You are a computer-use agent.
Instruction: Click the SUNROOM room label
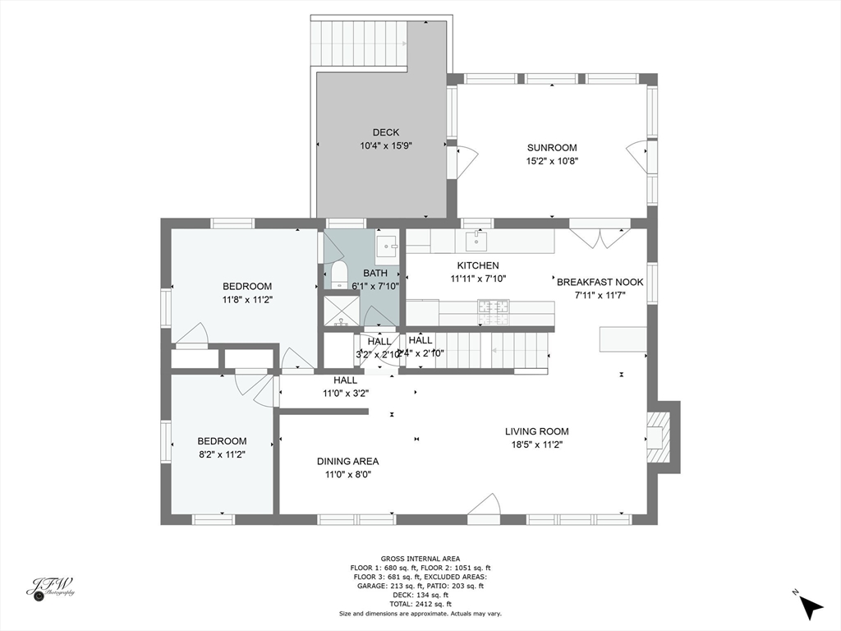tap(552, 148)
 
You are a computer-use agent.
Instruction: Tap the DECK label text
tap(385, 132)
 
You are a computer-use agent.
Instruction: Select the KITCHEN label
tap(478, 265)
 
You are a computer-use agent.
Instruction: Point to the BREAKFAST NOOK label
tap(600, 282)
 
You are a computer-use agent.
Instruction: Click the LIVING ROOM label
tap(536, 431)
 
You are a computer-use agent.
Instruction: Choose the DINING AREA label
tap(347, 461)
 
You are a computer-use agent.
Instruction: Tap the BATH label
tap(375, 274)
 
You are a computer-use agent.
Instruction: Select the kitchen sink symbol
tap(476, 241)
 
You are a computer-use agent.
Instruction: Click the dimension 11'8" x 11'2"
tap(247, 300)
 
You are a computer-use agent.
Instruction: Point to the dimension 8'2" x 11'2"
tap(221, 454)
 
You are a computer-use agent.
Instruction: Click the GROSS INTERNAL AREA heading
tap(420, 559)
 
